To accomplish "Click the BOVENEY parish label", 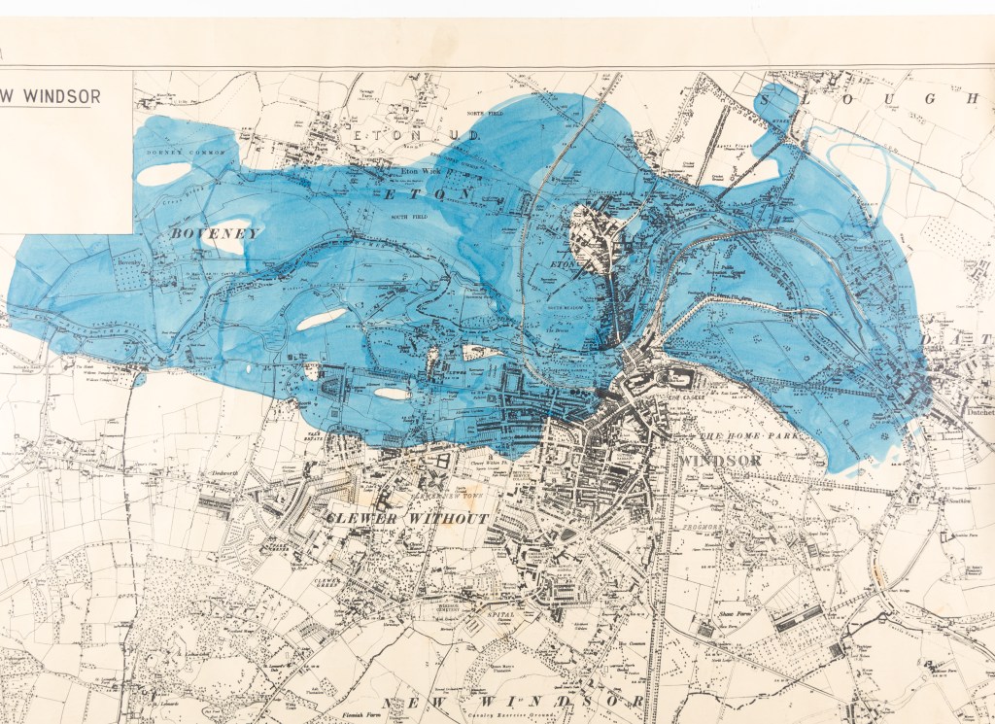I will (215, 233).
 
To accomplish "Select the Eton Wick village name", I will (418, 171).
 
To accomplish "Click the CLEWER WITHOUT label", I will (407, 518).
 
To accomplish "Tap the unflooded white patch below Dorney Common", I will (163, 173).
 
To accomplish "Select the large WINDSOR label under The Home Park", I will (719, 460).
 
